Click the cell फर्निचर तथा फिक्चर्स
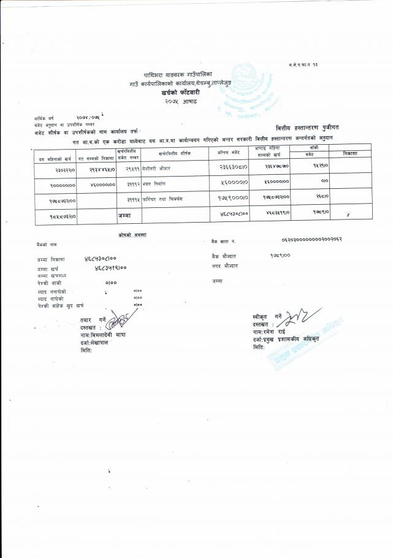coord(160,199)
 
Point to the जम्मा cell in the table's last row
coord(124,215)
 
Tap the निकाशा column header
coord(350,153)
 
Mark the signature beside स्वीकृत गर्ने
coord(296,318)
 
